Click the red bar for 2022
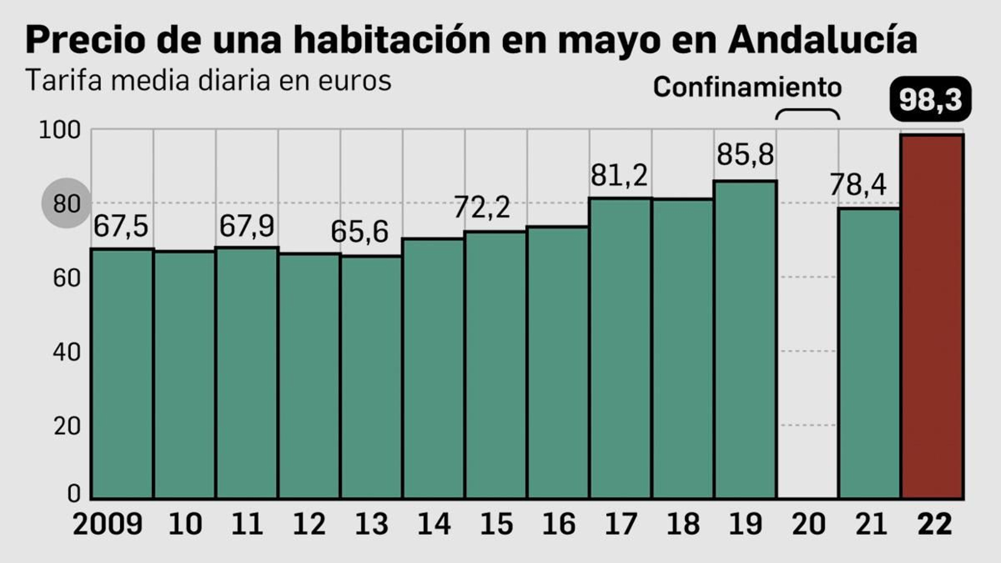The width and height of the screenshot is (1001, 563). (x=932, y=316)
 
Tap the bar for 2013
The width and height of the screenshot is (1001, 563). (x=371, y=377)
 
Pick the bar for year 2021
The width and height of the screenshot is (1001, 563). (x=869, y=353)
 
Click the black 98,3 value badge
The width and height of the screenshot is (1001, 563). (x=930, y=99)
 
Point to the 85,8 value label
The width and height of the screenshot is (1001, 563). (x=745, y=155)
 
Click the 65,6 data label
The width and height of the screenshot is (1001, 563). (x=359, y=232)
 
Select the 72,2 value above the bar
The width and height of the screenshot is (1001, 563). (x=481, y=207)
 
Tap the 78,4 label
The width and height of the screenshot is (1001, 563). (x=858, y=185)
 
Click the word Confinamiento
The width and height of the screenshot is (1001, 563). (x=747, y=88)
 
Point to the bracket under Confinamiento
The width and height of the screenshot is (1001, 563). (x=807, y=114)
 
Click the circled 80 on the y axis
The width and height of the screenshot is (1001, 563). (x=66, y=203)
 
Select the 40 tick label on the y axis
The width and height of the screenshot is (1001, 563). (x=66, y=352)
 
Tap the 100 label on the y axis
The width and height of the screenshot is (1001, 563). (x=60, y=130)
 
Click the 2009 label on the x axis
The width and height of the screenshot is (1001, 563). (x=108, y=524)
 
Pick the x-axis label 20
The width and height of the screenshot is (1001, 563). (x=808, y=524)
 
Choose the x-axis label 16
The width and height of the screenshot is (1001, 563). (x=558, y=524)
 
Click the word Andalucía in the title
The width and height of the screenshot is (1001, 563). (x=822, y=40)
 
